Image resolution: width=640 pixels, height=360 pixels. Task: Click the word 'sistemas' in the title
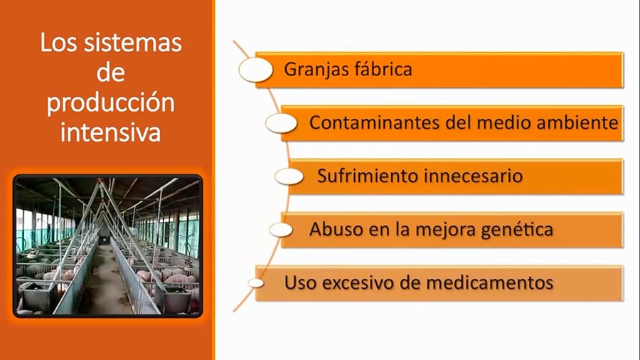(x=133, y=43)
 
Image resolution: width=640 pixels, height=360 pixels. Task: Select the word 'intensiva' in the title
(x=111, y=132)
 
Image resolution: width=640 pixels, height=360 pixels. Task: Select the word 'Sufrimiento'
(x=368, y=176)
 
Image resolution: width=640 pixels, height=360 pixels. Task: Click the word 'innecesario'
(x=474, y=176)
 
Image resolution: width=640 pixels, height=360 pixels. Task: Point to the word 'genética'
(x=517, y=230)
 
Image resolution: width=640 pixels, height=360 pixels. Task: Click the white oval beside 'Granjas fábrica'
(x=256, y=70)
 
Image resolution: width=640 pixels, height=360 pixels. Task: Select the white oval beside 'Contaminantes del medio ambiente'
(x=281, y=123)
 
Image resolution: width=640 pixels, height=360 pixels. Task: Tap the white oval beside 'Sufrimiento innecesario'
(x=289, y=176)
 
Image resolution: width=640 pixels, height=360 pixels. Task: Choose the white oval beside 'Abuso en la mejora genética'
(x=281, y=230)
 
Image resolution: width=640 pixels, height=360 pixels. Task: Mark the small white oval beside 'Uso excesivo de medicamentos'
(x=255, y=283)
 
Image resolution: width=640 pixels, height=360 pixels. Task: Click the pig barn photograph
(x=108, y=246)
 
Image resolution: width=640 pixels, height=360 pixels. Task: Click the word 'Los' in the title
(x=58, y=43)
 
